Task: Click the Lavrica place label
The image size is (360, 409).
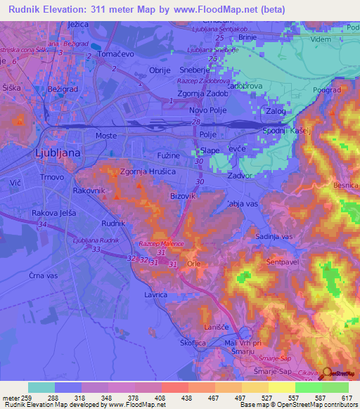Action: coord(155,296)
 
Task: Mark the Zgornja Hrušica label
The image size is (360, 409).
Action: coord(148,171)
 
